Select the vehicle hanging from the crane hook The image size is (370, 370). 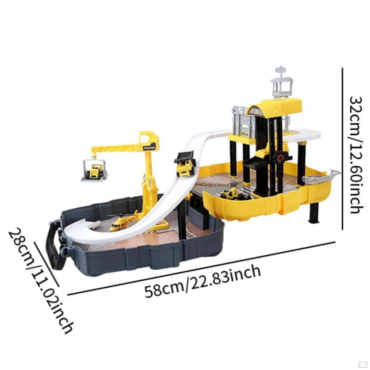click(x=94, y=171)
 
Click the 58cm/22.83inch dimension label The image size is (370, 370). click(x=203, y=281)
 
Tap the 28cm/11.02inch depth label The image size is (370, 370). click(x=40, y=280)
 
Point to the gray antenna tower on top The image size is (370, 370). click(x=282, y=83)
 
